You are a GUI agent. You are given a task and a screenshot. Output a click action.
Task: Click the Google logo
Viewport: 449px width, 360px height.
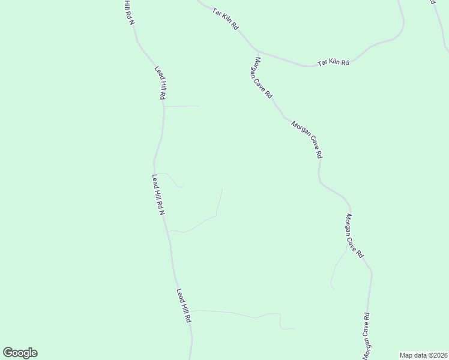20,353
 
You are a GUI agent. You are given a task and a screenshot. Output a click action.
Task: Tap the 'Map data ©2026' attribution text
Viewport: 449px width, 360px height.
423,355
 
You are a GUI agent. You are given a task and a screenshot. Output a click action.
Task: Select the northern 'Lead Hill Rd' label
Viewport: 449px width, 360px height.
160,83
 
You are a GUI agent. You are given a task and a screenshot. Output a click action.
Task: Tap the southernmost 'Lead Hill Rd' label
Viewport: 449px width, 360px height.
183,306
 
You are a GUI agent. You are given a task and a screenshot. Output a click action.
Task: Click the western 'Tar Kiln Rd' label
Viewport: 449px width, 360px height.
226,19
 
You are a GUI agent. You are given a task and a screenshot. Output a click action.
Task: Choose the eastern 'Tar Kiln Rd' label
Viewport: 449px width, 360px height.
333,62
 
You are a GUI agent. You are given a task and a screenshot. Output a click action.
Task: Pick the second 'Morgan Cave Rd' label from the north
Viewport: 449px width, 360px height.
307,139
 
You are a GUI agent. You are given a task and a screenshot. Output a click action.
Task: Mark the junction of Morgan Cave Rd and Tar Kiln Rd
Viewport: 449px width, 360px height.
256,50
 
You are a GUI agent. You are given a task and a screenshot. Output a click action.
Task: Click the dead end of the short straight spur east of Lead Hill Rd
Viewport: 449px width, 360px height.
199,106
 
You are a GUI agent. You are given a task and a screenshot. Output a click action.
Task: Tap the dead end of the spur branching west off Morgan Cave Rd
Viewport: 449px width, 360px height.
332,287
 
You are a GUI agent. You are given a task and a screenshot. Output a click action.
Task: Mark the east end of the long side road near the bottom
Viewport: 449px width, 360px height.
294,329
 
